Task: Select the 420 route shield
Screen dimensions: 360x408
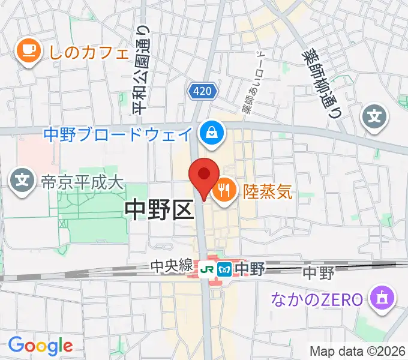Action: [x=202, y=91]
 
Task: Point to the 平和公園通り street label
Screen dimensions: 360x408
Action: [x=141, y=70]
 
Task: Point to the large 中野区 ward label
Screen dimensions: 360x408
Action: [x=160, y=210]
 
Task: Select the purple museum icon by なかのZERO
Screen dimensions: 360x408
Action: [x=382, y=298]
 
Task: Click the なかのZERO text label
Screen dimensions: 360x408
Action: [x=317, y=298]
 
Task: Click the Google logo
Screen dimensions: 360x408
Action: [x=40, y=345]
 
